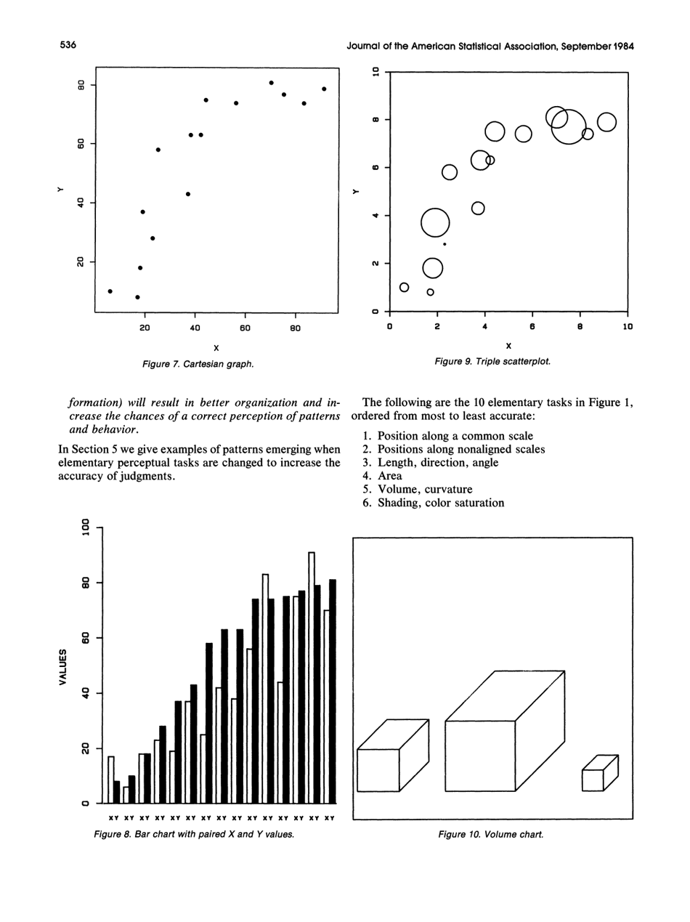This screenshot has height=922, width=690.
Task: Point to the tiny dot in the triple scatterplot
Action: tap(445, 244)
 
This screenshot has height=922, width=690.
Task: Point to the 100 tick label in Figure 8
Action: tap(86, 527)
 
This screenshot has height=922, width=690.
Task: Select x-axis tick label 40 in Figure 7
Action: tap(195, 328)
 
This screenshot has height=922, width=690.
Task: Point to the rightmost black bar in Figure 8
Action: tap(333, 690)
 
